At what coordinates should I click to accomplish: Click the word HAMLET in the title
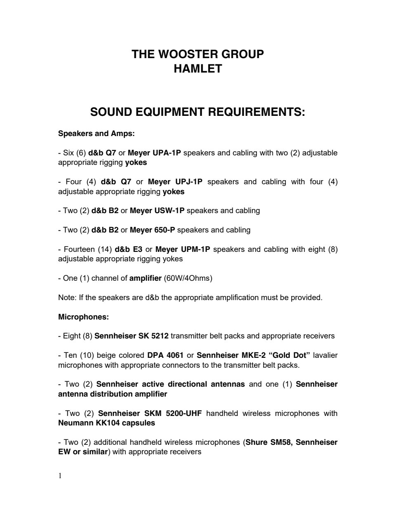coord(198,69)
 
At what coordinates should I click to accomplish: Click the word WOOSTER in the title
coord(188,54)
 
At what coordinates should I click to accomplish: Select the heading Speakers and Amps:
coord(97,134)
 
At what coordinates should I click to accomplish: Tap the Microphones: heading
coord(83,317)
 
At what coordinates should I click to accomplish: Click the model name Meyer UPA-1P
coord(154,153)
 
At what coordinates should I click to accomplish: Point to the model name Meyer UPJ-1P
coord(175,182)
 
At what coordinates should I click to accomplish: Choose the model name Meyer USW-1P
coord(157,211)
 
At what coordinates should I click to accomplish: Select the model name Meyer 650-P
coord(152,230)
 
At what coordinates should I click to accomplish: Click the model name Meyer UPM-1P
coord(183,249)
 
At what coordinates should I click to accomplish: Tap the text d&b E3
coord(128,249)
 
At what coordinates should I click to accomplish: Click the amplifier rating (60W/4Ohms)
coord(188,278)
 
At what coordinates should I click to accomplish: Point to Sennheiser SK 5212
coord(131,336)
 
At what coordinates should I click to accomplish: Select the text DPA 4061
coord(165,355)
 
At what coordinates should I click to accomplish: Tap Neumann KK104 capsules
coord(106,423)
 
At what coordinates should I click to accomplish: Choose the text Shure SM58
coord(268,442)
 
